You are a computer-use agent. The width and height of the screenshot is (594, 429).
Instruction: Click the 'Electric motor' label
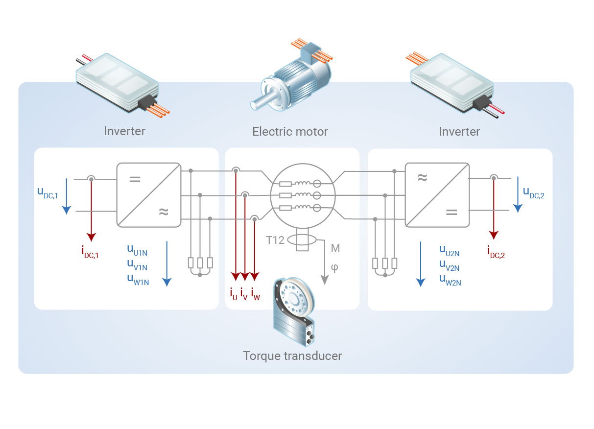pyautogui.click(x=290, y=131)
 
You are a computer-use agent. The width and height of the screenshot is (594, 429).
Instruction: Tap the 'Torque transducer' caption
pyautogui.click(x=292, y=356)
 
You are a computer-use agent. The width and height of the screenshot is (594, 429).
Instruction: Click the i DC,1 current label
pyautogui.click(x=90, y=252)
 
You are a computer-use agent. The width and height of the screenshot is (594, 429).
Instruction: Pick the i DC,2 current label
pyautogui.click(x=496, y=252)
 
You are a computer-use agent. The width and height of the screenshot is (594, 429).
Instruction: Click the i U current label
pyautogui.click(x=234, y=294)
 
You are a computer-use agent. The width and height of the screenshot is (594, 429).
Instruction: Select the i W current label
pyautogui.click(x=255, y=294)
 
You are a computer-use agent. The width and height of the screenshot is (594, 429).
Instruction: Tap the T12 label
pyautogui.click(x=275, y=240)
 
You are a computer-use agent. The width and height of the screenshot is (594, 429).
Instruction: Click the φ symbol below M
pyautogui.click(x=335, y=268)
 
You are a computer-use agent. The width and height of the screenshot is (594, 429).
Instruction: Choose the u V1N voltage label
pyautogui.click(x=137, y=266)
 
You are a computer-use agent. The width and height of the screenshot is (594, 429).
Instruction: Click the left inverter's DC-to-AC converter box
pyautogui.click(x=148, y=195)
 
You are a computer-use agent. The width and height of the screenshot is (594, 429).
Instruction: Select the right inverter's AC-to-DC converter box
pyautogui.click(x=437, y=195)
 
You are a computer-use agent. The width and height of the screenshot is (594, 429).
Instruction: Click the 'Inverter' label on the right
pyautogui.click(x=459, y=131)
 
